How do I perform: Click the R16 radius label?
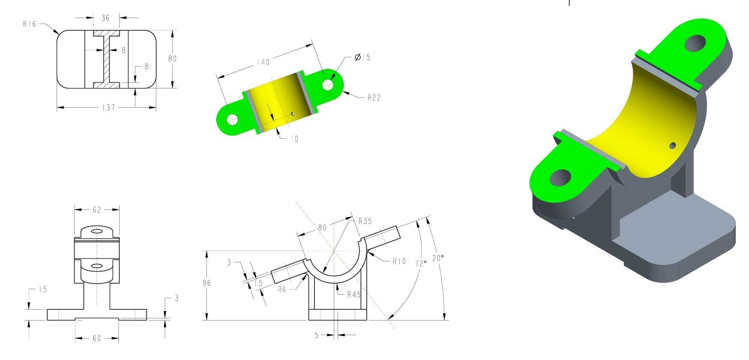coord(30,24)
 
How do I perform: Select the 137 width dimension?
coord(109,107)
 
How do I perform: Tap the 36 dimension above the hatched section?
coord(106,18)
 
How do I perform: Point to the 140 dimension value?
coord(263,62)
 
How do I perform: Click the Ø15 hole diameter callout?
coord(362,57)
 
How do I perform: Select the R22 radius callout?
coord(374,97)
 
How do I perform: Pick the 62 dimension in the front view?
coord(97,209)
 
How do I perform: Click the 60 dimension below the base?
coord(97,338)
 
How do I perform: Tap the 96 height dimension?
coord(206,283)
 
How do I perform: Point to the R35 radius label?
coord(365,221)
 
